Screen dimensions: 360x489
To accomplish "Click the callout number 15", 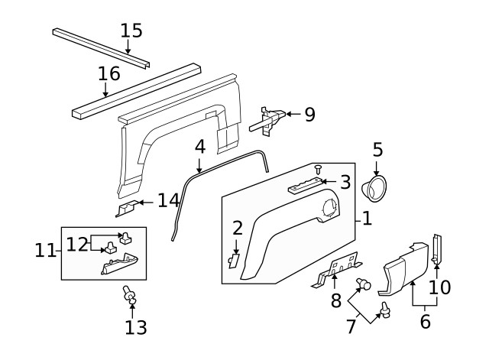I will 131,31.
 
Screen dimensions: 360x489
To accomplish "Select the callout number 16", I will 109,73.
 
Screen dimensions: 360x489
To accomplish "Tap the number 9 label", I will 309,115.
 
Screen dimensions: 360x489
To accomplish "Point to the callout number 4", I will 199,145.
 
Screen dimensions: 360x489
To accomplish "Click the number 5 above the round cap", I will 377,149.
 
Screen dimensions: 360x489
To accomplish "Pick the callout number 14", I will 167,201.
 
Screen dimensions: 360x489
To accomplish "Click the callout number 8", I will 335,301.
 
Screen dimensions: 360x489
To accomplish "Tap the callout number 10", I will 440,287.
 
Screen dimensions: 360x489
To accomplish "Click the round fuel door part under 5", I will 377,187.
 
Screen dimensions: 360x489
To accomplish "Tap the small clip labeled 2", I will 233,260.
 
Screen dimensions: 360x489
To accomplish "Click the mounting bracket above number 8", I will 337,270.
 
